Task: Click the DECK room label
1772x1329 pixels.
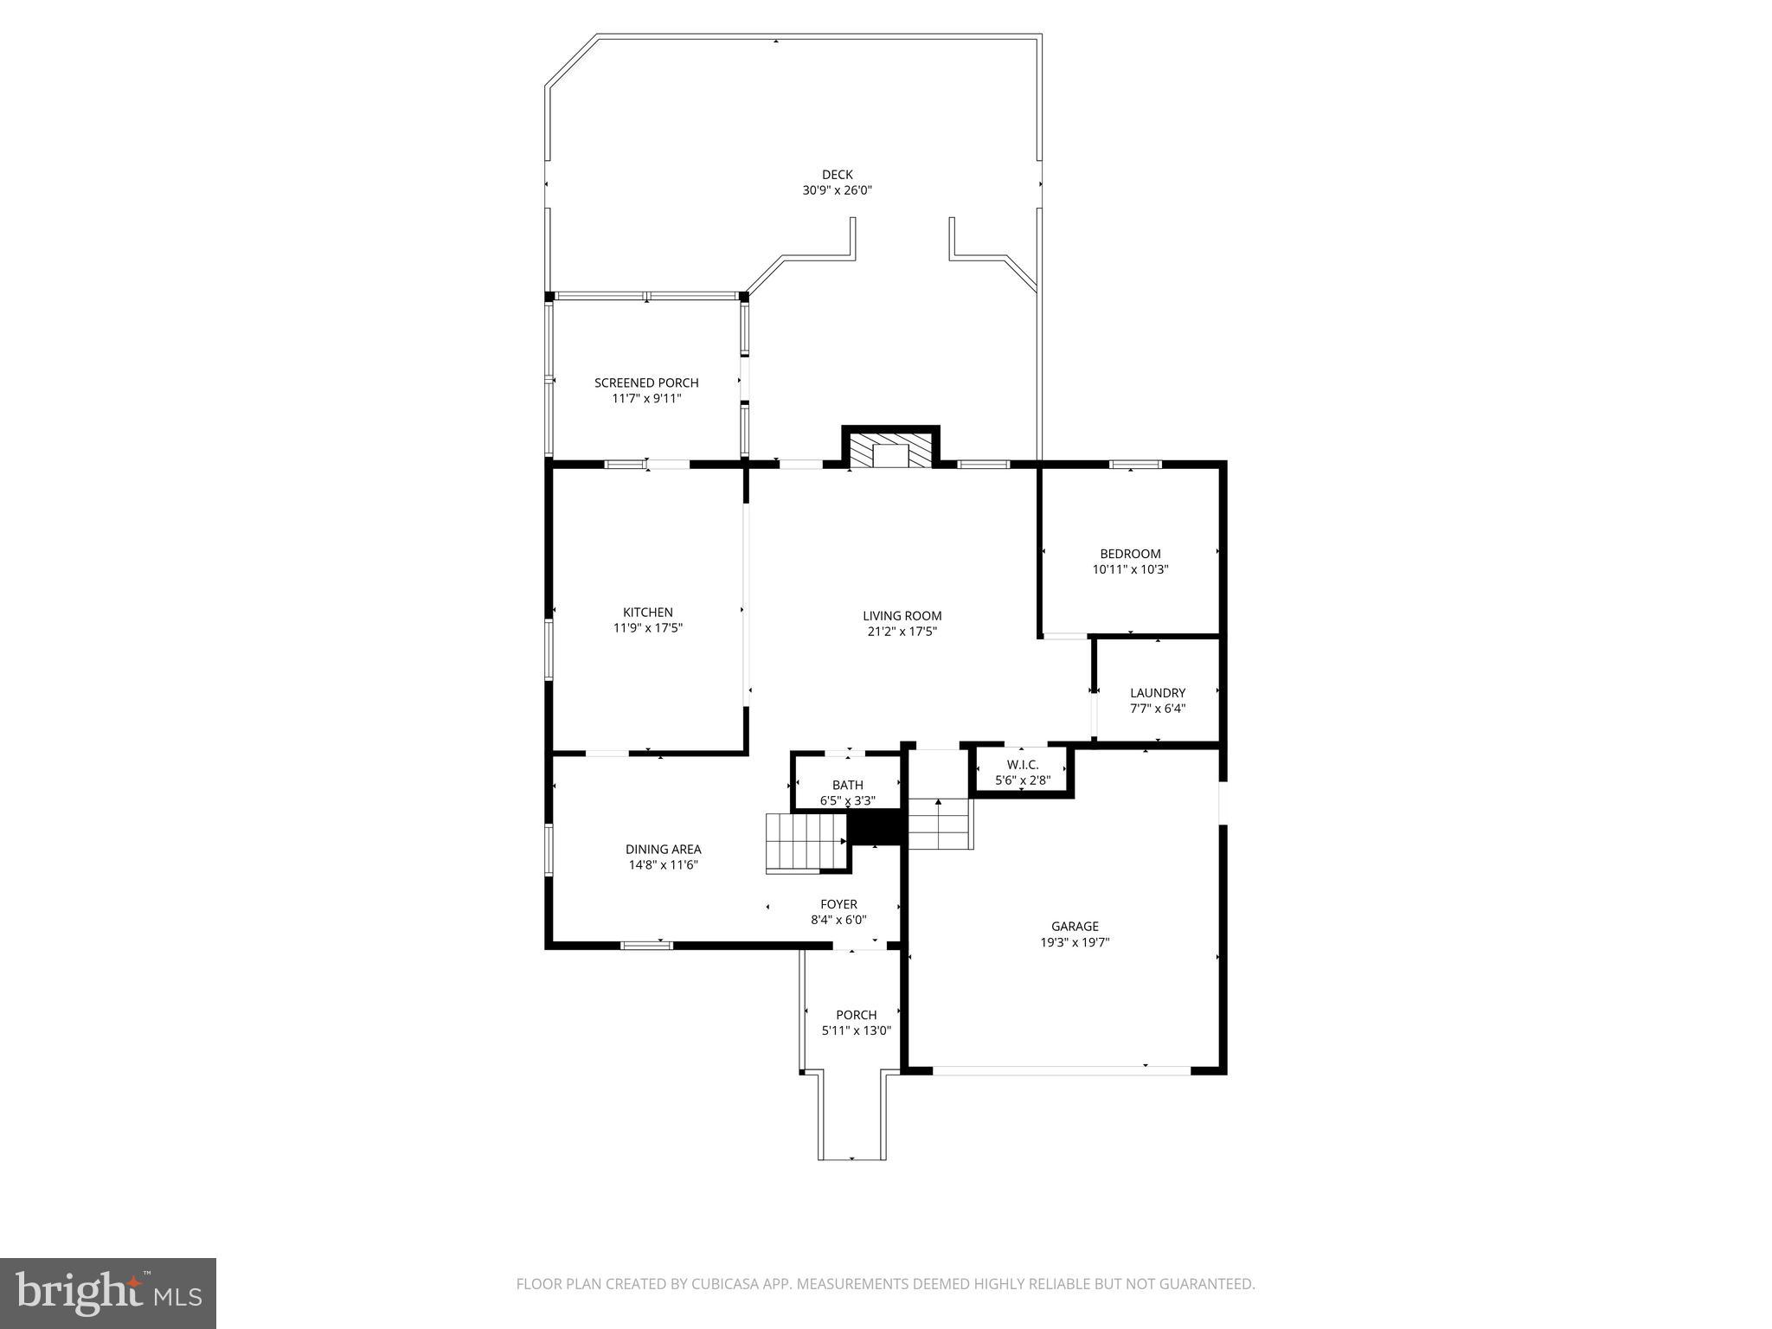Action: click(x=837, y=175)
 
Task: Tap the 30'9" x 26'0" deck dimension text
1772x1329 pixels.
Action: click(x=837, y=190)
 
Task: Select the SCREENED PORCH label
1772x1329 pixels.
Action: click(x=646, y=382)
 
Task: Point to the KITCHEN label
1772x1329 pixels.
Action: click(x=647, y=613)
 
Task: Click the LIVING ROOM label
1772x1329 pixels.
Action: click(x=902, y=616)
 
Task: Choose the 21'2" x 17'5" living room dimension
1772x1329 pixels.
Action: click(x=902, y=632)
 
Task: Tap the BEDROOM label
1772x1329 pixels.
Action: click(x=1130, y=554)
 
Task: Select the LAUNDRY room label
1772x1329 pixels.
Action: click(x=1158, y=693)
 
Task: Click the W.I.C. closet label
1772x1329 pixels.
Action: click(x=1023, y=765)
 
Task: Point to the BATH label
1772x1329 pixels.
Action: click(x=847, y=785)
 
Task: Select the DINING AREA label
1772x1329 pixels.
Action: click(x=663, y=850)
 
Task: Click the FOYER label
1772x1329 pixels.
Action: click(x=838, y=905)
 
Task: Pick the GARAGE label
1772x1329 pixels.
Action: click(x=1075, y=927)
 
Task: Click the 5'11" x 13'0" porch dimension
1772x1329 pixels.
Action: click(x=856, y=1030)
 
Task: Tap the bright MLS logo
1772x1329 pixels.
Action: click(x=107, y=1294)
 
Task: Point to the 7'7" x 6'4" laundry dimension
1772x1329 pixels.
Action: click(x=1158, y=709)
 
